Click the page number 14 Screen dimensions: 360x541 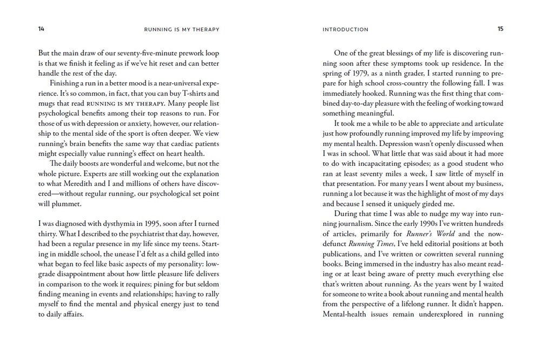click(x=41, y=29)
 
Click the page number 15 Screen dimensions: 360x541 click(x=500, y=29)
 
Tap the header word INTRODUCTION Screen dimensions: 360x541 click(x=345, y=30)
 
